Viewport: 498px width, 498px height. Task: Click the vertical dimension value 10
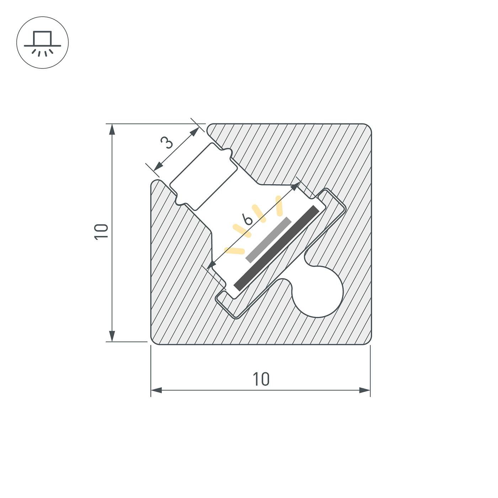click(x=101, y=232)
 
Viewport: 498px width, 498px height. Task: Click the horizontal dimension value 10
click(x=261, y=379)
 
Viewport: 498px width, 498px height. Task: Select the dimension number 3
click(x=167, y=143)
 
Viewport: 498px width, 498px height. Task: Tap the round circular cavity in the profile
click(x=318, y=292)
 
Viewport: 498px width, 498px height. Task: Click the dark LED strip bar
click(x=276, y=248)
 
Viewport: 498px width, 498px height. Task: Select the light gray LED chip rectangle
click(x=269, y=240)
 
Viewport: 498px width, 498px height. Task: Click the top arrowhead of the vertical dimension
click(x=112, y=129)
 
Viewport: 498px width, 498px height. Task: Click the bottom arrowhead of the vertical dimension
click(x=112, y=335)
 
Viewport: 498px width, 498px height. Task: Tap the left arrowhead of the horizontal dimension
click(x=157, y=390)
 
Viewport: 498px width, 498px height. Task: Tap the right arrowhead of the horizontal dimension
click(x=365, y=390)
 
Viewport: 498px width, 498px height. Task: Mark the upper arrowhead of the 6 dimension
click(x=295, y=186)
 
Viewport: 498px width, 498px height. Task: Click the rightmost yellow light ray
click(x=279, y=206)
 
